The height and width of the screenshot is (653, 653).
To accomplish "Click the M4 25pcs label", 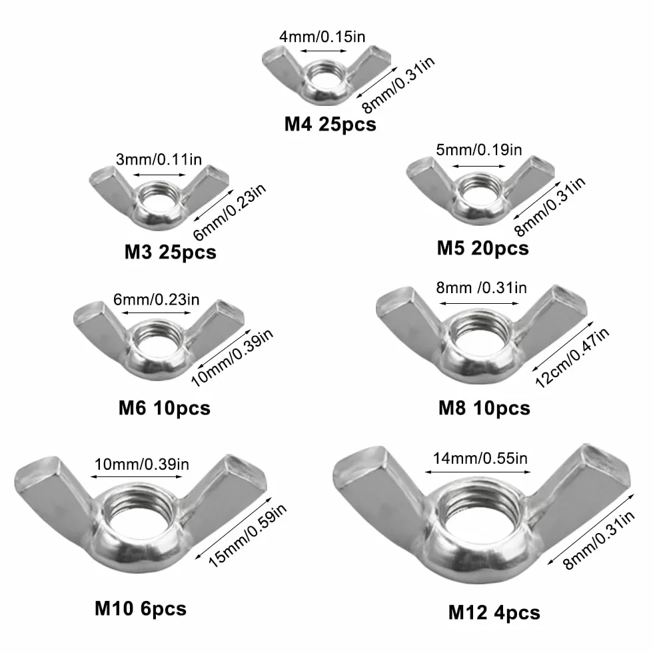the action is (330, 125).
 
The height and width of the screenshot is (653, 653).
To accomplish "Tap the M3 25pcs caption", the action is (171, 253).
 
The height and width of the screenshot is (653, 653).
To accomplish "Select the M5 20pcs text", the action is (482, 249).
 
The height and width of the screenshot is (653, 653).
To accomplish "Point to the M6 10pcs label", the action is (165, 408).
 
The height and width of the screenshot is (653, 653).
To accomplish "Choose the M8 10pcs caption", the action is (484, 408).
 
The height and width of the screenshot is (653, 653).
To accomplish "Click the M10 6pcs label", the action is (141, 609).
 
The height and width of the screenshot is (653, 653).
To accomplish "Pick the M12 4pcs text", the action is (494, 613).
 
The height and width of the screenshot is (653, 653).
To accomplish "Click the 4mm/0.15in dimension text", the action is (323, 37).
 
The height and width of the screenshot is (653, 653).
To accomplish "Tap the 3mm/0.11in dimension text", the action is (159, 159).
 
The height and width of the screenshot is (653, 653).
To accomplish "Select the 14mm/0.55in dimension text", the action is (480, 458).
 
